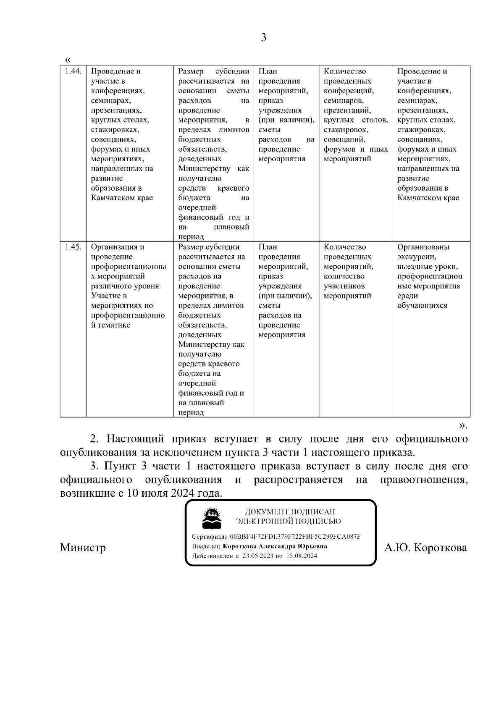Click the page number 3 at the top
coord(263,38)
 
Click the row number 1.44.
coord(73,71)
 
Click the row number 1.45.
coord(73,247)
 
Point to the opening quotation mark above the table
coord(68,59)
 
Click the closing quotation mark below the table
coord(462,426)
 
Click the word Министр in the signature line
coord(83,548)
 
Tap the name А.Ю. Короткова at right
coord(425,548)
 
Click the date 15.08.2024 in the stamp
coord(302,556)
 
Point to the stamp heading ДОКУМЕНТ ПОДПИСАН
coord(290,512)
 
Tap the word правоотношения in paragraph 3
coord(423,480)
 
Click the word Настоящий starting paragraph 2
coord(134,439)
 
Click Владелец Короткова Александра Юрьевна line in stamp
coord(259,546)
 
